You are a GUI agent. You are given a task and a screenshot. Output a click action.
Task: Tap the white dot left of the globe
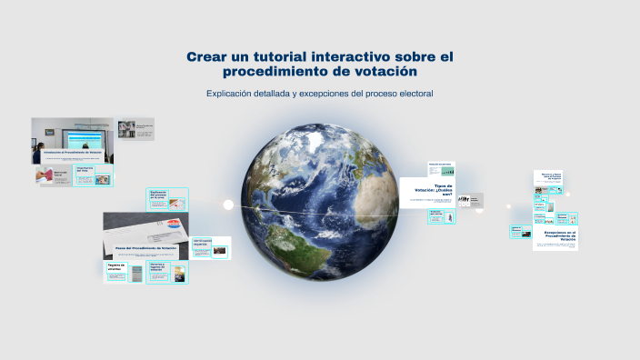point(228,205)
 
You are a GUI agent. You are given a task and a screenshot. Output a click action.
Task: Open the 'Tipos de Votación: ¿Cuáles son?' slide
point(426,194)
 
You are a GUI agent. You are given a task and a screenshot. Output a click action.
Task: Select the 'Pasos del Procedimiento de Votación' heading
point(145,247)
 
